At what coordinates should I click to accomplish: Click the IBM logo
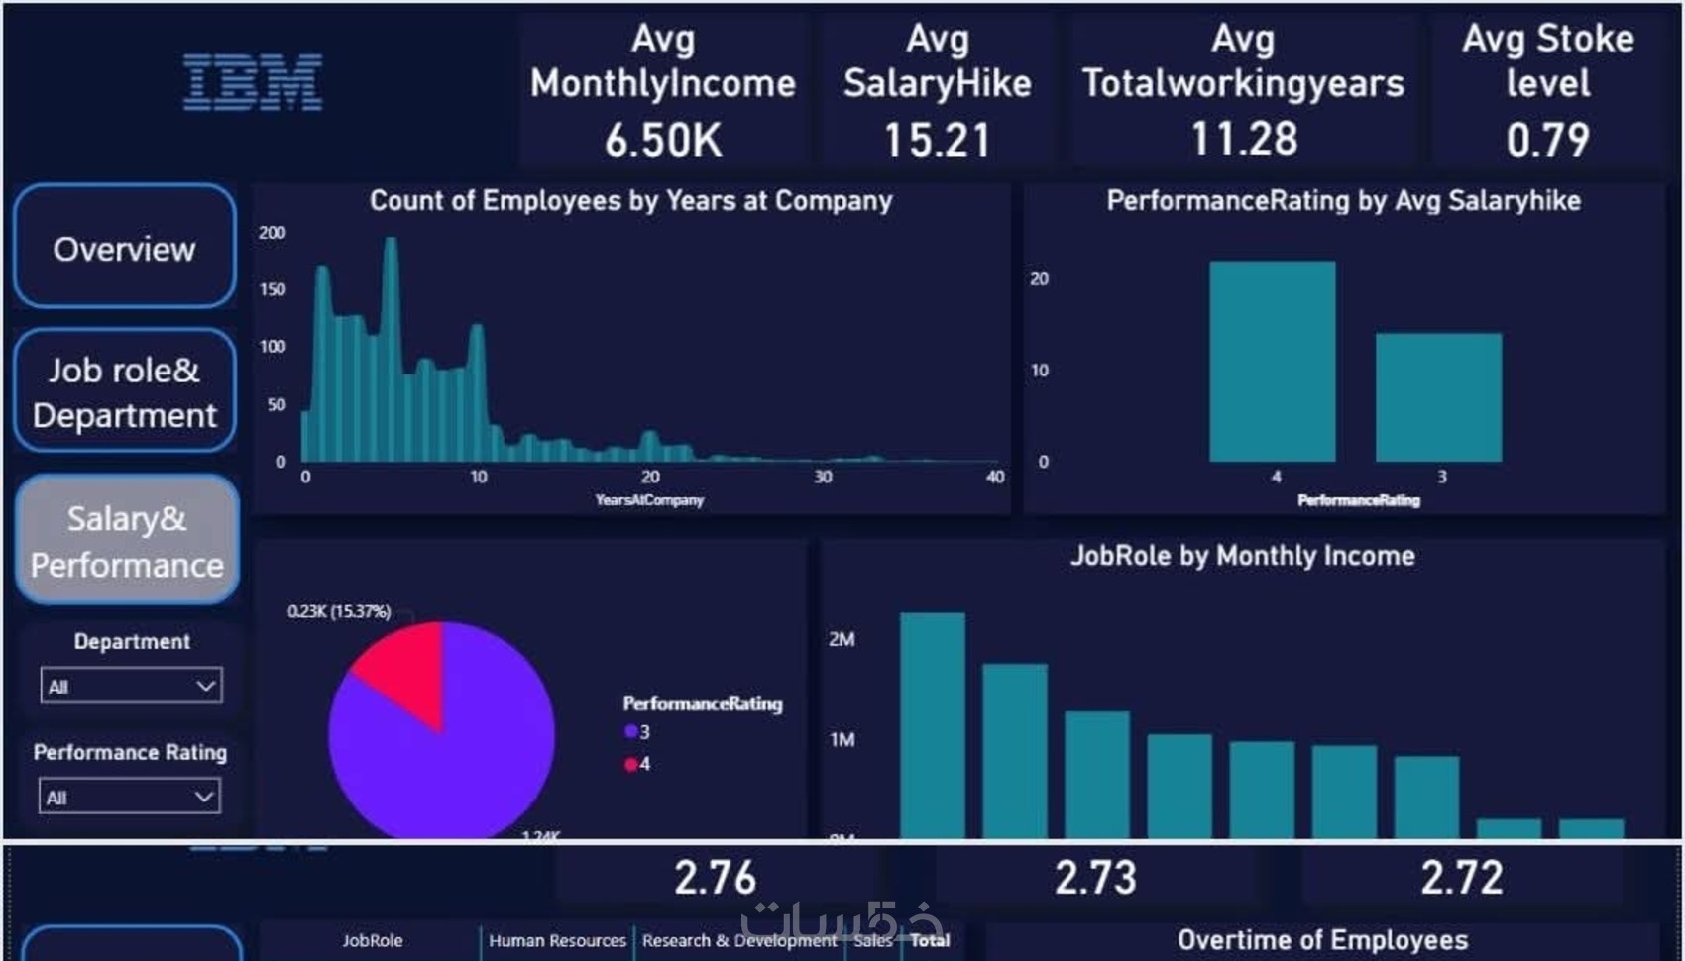click(253, 82)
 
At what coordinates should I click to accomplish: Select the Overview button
click(125, 247)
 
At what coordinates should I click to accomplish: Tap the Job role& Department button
click(125, 391)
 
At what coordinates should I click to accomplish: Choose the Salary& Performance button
click(127, 540)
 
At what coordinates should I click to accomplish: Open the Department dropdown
click(131, 686)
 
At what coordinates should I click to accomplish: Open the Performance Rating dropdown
click(130, 797)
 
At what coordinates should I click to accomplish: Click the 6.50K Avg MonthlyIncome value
click(663, 140)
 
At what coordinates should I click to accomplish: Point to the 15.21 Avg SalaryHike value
click(937, 140)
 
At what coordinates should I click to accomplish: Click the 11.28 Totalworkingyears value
click(1244, 139)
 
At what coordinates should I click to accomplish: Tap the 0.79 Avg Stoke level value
click(1547, 140)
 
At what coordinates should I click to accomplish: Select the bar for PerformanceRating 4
click(1273, 362)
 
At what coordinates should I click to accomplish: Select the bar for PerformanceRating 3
click(1438, 397)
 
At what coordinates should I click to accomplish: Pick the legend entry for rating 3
click(637, 732)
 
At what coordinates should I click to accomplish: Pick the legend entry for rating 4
click(637, 764)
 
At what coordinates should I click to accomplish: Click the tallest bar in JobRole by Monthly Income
click(932, 724)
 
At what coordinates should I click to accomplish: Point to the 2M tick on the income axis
click(842, 640)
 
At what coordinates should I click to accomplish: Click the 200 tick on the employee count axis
click(272, 233)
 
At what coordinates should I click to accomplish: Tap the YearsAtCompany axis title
click(649, 500)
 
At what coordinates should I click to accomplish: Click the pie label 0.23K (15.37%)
click(339, 611)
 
